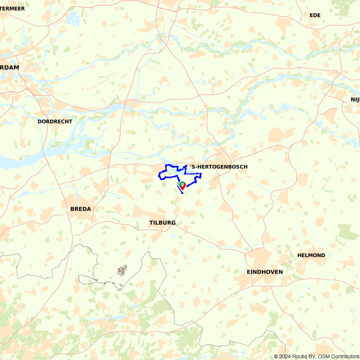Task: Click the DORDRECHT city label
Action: click(55, 122)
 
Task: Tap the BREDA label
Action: click(81, 209)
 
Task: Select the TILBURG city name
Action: click(162, 223)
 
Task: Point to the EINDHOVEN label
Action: click(265, 272)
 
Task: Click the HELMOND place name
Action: click(311, 255)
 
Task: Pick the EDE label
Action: click(315, 15)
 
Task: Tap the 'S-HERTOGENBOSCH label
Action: click(219, 167)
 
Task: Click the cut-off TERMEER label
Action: click(12, 8)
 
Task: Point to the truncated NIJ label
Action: click(355, 99)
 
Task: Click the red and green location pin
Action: click(183, 185)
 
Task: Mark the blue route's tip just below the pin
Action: click(183, 193)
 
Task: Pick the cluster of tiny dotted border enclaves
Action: click(122, 270)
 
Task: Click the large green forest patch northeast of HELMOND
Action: click(348, 231)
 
